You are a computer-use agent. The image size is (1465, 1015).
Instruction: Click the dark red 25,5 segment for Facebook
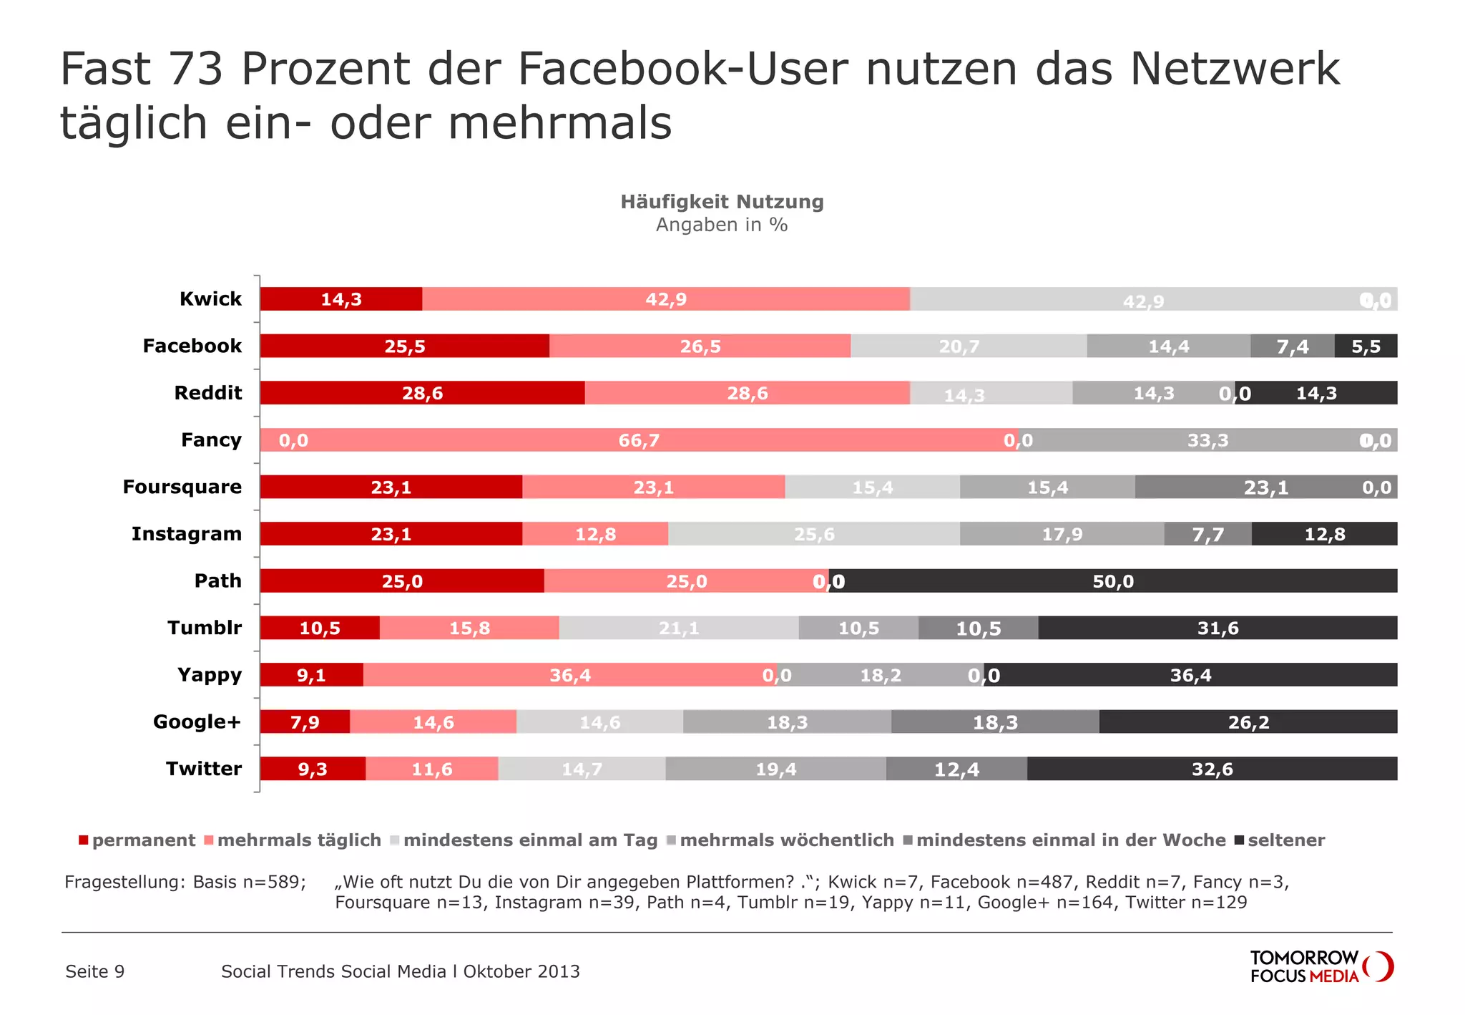coord(404,346)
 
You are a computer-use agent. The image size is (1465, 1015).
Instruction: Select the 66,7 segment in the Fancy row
coord(639,440)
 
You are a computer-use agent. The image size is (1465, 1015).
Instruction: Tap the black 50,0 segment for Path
coord(1112,581)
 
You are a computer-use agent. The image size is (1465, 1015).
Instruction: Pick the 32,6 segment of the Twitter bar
coord(1212,769)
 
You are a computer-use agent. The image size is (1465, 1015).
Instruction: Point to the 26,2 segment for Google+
coord(1248,722)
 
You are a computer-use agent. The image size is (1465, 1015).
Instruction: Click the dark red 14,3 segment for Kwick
coord(340,299)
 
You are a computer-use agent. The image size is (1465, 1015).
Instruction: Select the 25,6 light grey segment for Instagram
coord(813,535)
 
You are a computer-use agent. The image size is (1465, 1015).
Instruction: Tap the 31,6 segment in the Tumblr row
coord(1217,628)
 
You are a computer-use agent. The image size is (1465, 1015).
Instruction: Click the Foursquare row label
coord(182,487)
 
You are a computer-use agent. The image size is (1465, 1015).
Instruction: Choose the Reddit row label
coord(208,393)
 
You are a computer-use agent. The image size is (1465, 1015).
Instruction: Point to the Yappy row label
coord(210,675)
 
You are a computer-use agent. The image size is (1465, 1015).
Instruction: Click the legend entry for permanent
coord(137,840)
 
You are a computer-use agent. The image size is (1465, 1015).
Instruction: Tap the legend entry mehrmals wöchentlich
coord(780,840)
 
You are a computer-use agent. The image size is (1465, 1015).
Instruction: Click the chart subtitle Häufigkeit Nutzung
coord(722,202)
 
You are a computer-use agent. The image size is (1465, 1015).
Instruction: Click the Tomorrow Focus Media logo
coord(1321,967)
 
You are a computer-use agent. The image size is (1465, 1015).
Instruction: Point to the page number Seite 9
coord(95,971)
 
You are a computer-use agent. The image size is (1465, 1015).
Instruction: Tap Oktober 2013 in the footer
coord(521,971)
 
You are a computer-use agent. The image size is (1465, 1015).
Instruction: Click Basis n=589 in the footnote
coord(249,882)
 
